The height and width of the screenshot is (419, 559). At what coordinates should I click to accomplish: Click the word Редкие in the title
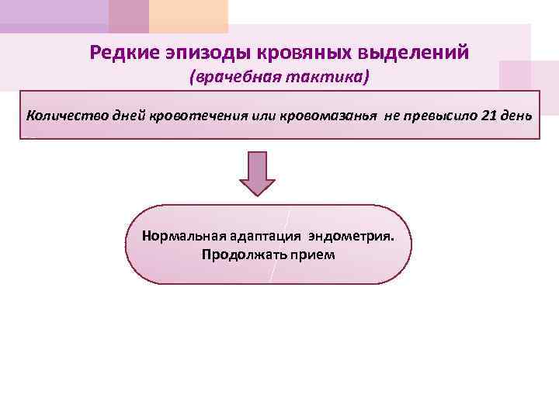pyautogui.click(x=124, y=53)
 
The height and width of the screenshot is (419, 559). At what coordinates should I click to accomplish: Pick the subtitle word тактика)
pyautogui.click(x=326, y=78)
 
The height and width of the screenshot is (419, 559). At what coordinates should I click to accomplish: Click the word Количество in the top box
pyautogui.click(x=63, y=116)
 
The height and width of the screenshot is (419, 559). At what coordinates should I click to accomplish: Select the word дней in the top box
pyautogui.click(x=124, y=116)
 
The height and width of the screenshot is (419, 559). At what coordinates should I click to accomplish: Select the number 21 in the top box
pyautogui.click(x=488, y=116)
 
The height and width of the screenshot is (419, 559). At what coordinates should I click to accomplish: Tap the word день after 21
pyautogui.click(x=516, y=116)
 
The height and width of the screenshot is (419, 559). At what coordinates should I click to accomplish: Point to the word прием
pyautogui.click(x=308, y=254)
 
